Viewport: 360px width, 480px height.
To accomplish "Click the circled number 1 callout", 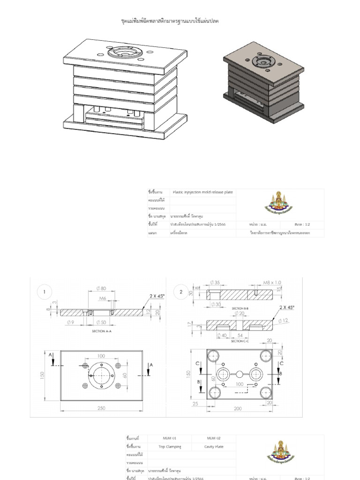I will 45,292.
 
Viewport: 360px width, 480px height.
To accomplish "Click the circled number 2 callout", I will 181,292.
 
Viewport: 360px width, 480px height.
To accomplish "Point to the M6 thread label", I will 103,298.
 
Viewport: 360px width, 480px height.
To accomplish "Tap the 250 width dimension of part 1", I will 101,408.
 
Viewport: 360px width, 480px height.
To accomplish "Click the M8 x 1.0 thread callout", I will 272,283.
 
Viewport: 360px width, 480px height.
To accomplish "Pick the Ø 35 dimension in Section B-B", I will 215,282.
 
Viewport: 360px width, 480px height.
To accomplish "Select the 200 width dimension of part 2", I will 238,409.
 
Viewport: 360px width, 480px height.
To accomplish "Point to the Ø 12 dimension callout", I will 283,321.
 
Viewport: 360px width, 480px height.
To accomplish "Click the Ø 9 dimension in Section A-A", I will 71,322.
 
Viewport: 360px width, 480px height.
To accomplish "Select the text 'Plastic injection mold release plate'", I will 203,192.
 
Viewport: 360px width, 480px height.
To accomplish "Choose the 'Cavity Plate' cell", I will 214,447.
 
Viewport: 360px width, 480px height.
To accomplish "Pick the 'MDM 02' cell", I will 214,438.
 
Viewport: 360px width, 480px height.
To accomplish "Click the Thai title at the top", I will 167,21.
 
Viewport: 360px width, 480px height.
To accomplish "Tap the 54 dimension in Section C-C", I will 240,336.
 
